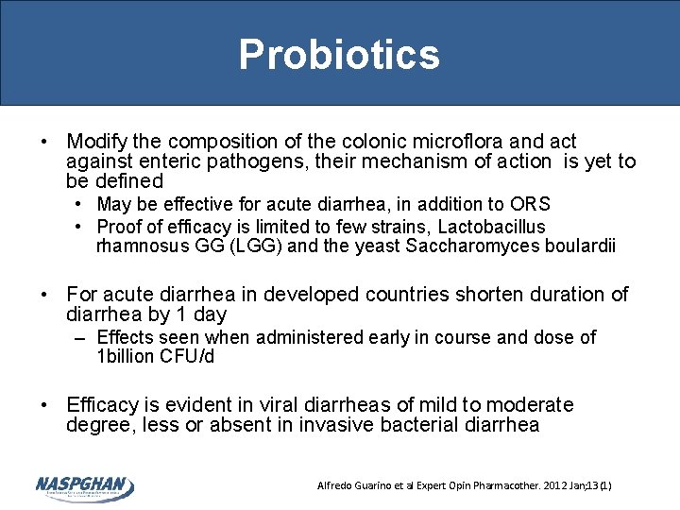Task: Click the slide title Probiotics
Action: (339, 54)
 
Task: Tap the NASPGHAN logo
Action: (84, 486)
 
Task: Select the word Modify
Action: (96, 142)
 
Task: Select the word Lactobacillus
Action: (492, 227)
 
